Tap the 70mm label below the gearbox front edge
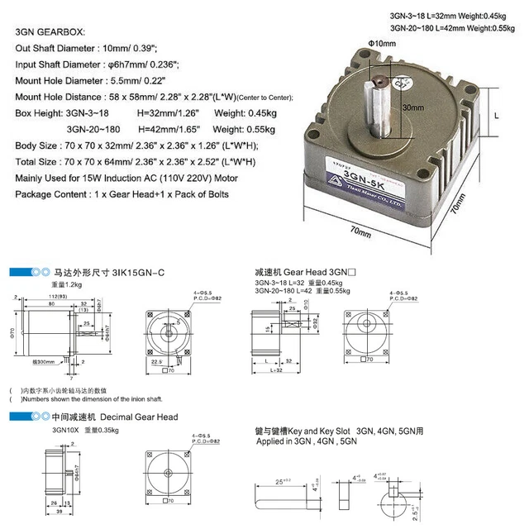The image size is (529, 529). click(360, 232)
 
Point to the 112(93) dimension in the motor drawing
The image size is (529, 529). click(57, 296)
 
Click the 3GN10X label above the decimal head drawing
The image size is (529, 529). click(64, 431)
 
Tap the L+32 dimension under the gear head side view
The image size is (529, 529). click(277, 369)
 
